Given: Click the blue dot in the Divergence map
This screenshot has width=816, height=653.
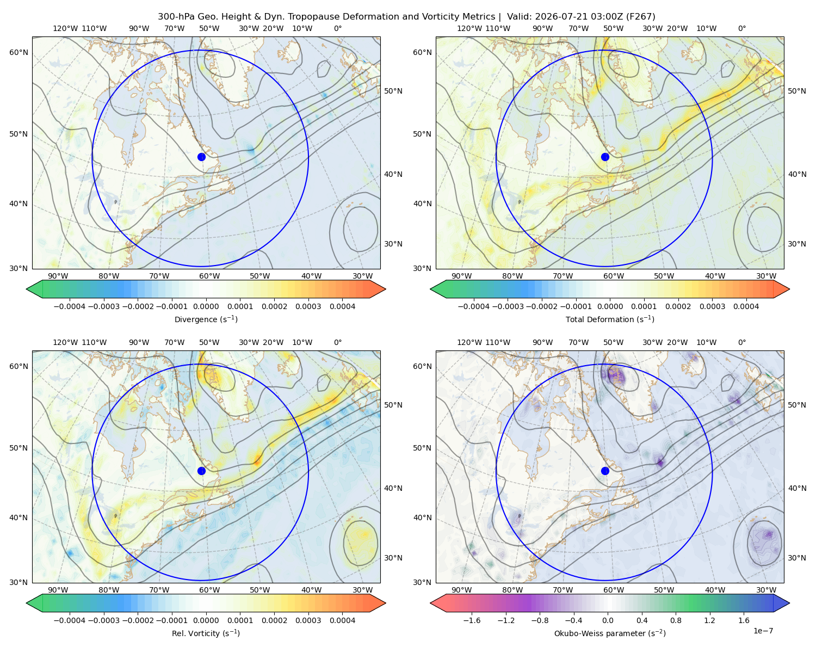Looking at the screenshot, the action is (201, 157).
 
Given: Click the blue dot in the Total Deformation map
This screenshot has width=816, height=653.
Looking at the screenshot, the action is (605, 157).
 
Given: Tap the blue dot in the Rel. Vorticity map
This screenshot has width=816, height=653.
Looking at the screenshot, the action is (201, 471).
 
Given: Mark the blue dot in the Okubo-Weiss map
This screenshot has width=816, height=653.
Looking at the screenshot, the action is (605, 471).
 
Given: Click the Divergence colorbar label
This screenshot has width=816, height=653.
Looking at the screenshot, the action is (206, 319).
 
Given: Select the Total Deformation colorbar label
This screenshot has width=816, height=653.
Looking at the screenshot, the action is (610, 319).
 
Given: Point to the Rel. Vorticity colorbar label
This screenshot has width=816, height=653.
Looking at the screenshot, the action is (206, 633).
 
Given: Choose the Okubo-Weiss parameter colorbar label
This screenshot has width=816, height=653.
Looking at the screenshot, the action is (610, 633).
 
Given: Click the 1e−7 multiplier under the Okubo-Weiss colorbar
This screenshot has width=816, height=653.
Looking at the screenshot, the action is (763, 631).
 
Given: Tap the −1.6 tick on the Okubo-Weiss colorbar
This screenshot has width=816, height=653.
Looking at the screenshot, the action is (472, 620).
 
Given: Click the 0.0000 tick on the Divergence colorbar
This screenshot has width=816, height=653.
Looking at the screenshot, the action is (206, 306).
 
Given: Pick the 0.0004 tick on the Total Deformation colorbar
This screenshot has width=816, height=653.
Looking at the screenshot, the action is (746, 306).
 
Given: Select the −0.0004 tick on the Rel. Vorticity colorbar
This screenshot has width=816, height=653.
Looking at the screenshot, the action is (70, 620).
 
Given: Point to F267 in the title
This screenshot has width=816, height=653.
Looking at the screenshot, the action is (641, 17).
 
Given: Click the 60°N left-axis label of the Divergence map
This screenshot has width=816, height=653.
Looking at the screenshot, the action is (18, 52).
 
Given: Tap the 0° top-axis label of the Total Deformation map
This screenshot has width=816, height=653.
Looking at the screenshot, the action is (741, 28).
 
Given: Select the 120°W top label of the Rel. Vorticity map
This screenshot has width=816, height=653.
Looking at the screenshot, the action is (65, 342).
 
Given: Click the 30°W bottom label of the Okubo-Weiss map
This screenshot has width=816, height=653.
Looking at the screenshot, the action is (766, 590).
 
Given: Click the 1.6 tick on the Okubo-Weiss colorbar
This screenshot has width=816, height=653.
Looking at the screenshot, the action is (744, 620).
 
